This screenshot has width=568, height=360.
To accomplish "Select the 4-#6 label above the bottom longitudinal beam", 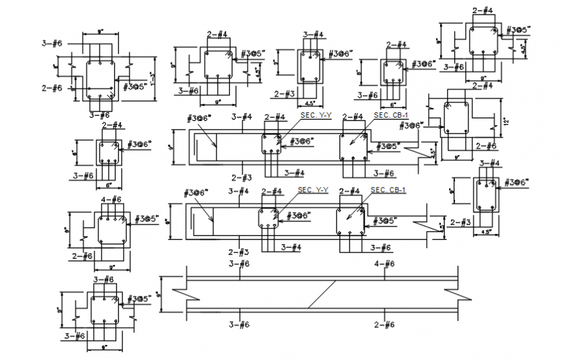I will click(x=385, y=263).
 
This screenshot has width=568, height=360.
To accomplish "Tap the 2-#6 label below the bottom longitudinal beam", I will click(x=385, y=324).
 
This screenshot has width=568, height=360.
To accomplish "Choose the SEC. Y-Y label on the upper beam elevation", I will click(x=316, y=115).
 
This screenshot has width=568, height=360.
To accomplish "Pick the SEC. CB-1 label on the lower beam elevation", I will click(x=388, y=190).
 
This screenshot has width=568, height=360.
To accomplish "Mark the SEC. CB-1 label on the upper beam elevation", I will click(x=390, y=115).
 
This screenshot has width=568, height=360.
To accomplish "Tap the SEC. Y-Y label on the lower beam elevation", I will click(x=313, y=190).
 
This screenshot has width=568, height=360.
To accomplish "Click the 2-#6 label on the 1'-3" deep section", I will click(x=52, y=88).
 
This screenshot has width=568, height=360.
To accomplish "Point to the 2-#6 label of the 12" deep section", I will click(x=486, y=146).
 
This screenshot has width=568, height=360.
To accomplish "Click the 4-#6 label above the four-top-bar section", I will click(x=111, y=199).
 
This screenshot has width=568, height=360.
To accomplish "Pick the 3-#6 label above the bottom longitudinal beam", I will click(x=239, y=263).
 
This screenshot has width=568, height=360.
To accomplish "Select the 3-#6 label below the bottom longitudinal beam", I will click(x=239, y=324).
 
